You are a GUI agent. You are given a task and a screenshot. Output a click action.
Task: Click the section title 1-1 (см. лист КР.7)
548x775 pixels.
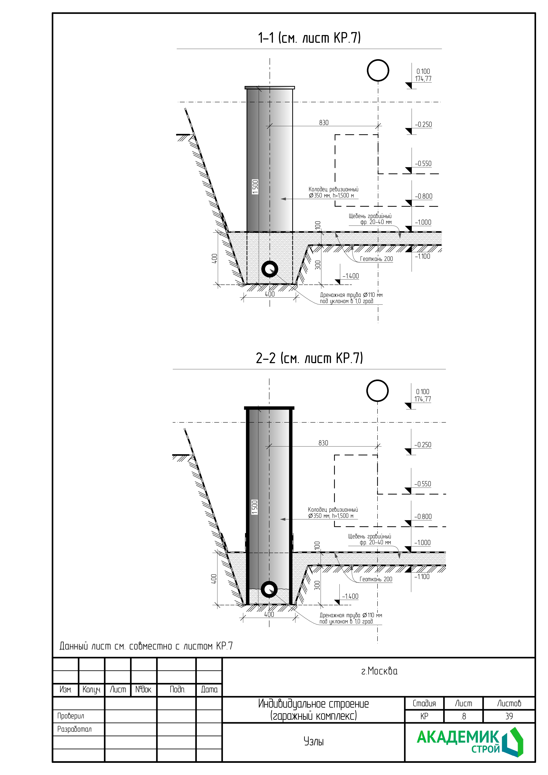coord(309,38)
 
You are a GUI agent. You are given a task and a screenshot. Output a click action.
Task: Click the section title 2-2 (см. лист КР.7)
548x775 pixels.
coord(309,358)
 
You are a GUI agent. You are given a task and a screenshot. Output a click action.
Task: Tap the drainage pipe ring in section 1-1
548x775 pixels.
coord(270,269)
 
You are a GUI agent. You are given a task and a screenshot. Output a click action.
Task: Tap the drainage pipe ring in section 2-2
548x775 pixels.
coord(269,589)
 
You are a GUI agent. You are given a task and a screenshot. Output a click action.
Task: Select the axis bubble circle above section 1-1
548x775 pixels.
coord(378,70)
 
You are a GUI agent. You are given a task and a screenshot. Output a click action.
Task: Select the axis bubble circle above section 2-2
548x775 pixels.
coord(377,391)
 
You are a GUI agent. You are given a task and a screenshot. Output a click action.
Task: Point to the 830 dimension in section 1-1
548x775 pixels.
coord(324,123)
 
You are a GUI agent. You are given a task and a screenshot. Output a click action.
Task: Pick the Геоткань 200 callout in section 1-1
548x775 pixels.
coord(376,259)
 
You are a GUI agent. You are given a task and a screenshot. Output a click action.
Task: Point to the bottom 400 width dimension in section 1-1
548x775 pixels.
coord(270,294)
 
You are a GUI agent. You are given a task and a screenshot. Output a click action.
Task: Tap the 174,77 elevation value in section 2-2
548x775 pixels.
coord(423,399)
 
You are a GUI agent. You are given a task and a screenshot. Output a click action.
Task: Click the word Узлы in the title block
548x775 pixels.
coord(313,742)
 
